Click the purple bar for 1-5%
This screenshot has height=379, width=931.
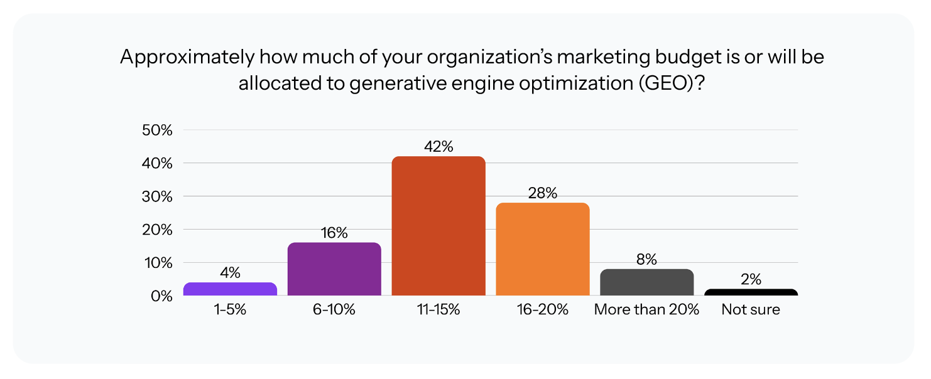(x=230, y=289)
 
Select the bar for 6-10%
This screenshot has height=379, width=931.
(x=334, y=269)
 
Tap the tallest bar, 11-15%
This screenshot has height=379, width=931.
(x=438, y=226)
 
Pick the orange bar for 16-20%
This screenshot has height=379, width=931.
(x=543, y=249)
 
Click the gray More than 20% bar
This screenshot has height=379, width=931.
(x=647, y=282)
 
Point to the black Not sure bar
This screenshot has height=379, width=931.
(x=751, y=292)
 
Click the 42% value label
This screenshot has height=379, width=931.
(x=438, y=147)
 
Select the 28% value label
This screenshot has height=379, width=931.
(x=543, y=193)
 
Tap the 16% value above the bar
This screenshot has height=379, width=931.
(x=334, y=233)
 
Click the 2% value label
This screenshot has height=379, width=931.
(x=751, y=280)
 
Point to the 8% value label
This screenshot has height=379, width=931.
(x=647, y=259)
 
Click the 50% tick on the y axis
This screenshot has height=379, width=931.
(x=158, y=131)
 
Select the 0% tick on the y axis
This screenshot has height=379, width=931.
(x=161, y=296)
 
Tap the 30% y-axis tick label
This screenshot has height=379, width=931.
(x=158, y=197)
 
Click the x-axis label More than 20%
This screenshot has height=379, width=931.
(x=647, y=309)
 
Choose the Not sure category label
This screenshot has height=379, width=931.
(x=751, y=309)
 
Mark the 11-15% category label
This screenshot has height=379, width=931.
(x=438, y=309)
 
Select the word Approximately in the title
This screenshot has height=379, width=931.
(x=187, y=57)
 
